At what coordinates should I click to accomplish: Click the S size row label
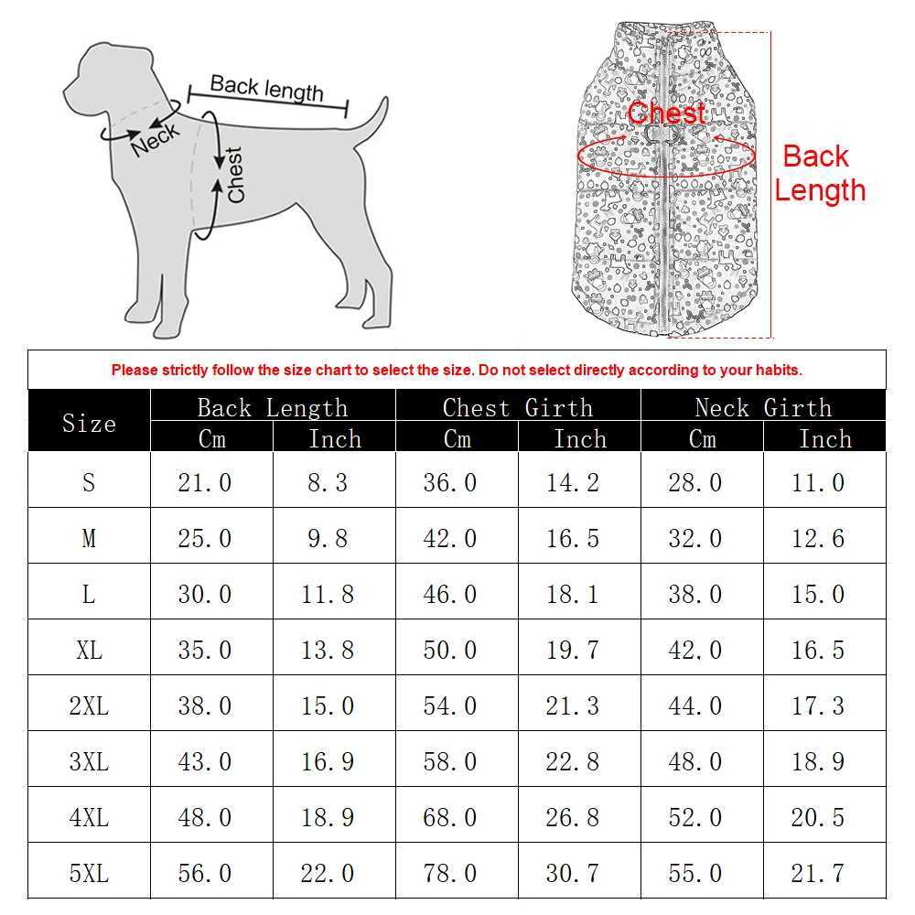(x=89, y=481)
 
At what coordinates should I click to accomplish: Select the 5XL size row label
(x=89, y=873)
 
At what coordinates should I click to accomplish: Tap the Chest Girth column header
(x=518, y=407)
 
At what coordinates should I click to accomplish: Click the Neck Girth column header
(x=763, y=407)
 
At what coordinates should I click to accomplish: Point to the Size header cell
(x=89, y=423)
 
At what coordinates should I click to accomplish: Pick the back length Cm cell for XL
(x=204, y=650)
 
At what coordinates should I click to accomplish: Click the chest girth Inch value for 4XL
(x=572, y=817)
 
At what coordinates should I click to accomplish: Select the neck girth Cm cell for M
(x=694, y=538)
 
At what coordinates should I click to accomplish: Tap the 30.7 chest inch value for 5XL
(x=572, y=873)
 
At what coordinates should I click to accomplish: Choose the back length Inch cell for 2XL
(x=328, y=705)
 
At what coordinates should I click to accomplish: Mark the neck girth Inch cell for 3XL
(x=817, y=761)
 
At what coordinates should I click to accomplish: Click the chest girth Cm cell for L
(x=449, y=594)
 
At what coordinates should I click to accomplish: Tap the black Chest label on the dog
(x=236, y=175)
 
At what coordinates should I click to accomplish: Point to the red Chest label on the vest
(x=666, y=113)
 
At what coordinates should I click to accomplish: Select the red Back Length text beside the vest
(x=819, y=173)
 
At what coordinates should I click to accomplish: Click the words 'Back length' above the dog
(x=266, y=89)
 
